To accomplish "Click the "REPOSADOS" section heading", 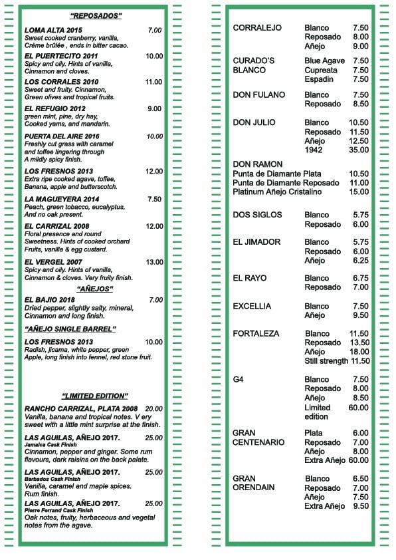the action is click(x=96, y=15).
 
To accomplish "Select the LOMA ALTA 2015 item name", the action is click(x=53, y=31).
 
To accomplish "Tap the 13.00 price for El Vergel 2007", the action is click(x=154, y=262).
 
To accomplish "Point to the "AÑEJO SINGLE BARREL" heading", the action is click(x=70, y=329).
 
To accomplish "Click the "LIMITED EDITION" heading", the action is click(x=94, y=396).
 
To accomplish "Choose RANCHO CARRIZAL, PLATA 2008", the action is click(x=80, y=408).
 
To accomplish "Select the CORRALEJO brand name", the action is click(x=257, y=28).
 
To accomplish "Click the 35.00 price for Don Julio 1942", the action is click(x=358, y=150).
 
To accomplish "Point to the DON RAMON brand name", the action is click(x=258, y=164).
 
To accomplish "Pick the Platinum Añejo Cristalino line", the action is click(x=277, y=192).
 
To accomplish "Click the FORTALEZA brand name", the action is click(x=256, y=334).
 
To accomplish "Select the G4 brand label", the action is click(x=239, y=380).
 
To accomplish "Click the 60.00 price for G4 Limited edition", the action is click(x=358, y=408).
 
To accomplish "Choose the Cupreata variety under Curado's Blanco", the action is click(x=321, y=70).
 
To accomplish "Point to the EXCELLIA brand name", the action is click(x=252, y=307).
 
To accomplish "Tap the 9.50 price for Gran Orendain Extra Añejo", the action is click(x=360, y=506).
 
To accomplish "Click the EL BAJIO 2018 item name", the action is click(x=50, y=300).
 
